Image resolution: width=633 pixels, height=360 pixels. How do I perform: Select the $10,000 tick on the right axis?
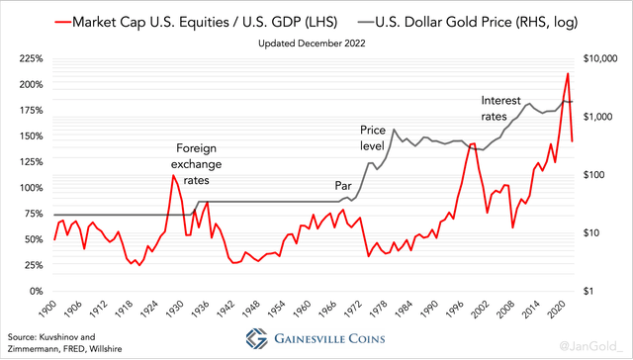(604, 59)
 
